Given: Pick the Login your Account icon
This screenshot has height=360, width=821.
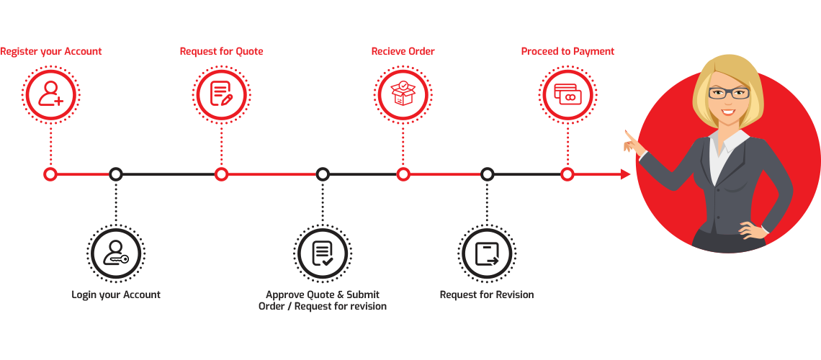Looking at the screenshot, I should (115, 253).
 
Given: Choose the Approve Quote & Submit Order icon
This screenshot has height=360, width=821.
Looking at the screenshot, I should (322, 253).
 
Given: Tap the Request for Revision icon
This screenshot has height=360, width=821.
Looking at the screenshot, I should (487, 253).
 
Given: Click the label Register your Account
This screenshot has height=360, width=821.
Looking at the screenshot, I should (51, 52).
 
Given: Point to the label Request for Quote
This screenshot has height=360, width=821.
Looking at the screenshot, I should (221, 52).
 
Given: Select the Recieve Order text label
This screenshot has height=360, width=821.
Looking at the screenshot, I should (403, 52).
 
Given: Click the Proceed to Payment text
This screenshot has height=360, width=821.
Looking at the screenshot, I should (567, 52).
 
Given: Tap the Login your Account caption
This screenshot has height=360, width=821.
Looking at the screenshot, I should (116, 294).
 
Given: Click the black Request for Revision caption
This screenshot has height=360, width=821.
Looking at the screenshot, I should (487, 294).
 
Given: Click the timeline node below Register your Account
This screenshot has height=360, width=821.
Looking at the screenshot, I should (50, 174).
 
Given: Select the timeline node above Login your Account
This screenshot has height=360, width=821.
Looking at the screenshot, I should (115, 174).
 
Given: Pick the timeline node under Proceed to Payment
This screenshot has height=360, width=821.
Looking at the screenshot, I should (567, 174).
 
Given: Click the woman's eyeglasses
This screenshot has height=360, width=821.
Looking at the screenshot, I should (728, 93).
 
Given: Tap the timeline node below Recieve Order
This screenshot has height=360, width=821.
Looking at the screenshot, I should (403, 174).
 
